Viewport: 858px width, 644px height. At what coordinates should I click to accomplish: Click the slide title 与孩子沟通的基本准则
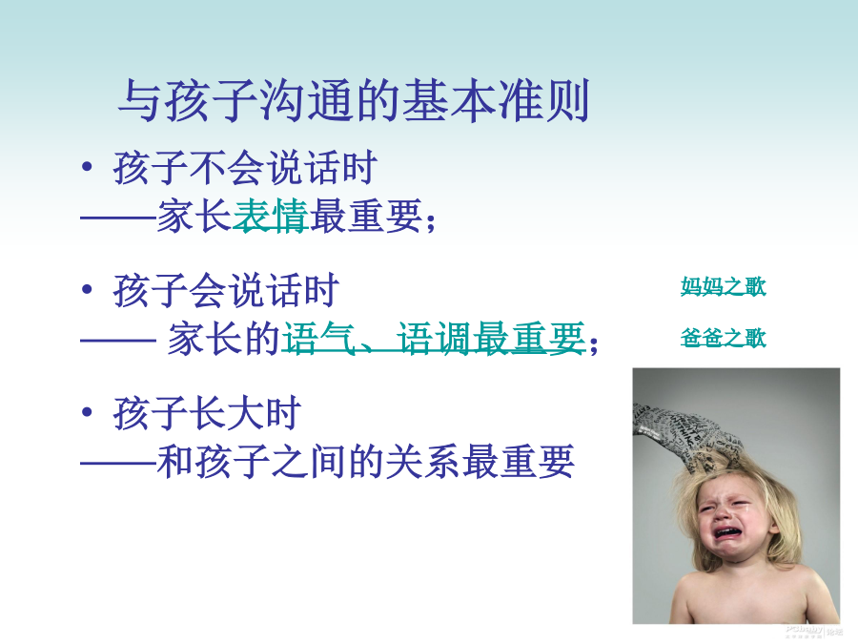[x=354, y=100]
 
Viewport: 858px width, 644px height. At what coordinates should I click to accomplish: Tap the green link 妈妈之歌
[x=723, y=286]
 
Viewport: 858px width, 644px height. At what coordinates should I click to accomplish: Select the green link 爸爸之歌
[x=723, y=338]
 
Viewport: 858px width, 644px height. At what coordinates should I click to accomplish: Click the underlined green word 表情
[x=271, y=216]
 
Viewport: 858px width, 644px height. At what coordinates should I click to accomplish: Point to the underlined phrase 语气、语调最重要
[x=434, y=338]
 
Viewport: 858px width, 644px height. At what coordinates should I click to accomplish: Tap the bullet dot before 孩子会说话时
[x=87, y=289]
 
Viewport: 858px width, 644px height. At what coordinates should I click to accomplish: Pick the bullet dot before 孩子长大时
[x=87, y=412]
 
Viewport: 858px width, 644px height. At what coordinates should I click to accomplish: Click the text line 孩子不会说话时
[x=245, y=168]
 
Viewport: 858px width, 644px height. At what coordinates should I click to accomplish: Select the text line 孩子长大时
[x=208, y=413]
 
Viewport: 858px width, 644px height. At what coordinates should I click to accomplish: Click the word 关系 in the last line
[x=423, y=461]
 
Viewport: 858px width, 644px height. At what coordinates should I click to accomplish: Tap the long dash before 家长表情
[x=119, y=218]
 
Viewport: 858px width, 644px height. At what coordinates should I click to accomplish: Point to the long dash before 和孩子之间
[x=119, y=464]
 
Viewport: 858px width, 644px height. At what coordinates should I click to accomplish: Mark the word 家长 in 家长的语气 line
[x=205, y=338]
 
